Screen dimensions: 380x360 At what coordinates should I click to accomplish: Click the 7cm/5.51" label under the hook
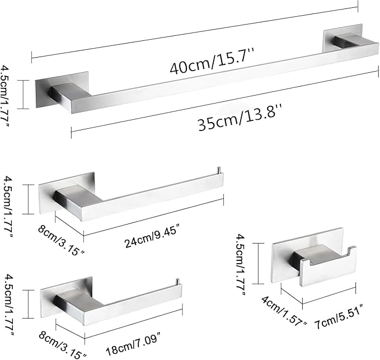pyautogui.click(x=339, y=315)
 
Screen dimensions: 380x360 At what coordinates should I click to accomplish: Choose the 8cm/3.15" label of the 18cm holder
pyautogui.click(x=62, y=345)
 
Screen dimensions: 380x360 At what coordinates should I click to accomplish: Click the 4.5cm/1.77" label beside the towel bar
pyautogui.click(x=6, y=99)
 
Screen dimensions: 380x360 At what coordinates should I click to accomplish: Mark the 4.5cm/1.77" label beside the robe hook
pyautogui.click(x=242, y=264)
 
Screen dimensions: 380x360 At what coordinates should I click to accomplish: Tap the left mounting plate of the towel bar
pyautogui.click(x=62, y=90)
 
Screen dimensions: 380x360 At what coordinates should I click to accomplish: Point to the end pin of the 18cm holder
pyautogui.click(x=177, y=282)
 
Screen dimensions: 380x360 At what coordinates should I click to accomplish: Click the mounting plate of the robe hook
pyautogui.click(x=308, y=255)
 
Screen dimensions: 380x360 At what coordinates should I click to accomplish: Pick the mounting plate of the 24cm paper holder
pyautogui.click(x=66, y=193)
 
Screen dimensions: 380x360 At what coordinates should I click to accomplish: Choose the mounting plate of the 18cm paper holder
pyautogui.click(x=66, y=297)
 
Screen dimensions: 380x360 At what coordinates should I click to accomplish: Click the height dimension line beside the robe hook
pyautogui.click(x=258, y=263)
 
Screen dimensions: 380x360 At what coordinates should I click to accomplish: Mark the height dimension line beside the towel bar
pyautogui.click(x=23, y=95)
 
